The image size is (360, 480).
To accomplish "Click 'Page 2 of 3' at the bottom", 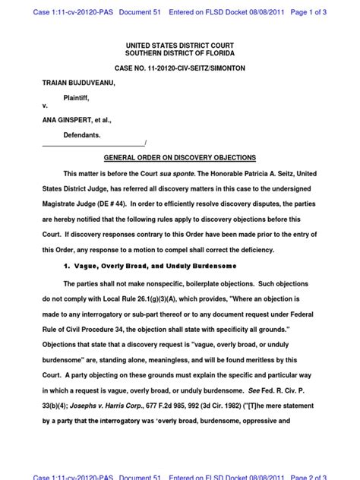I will [x=329, y=475].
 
